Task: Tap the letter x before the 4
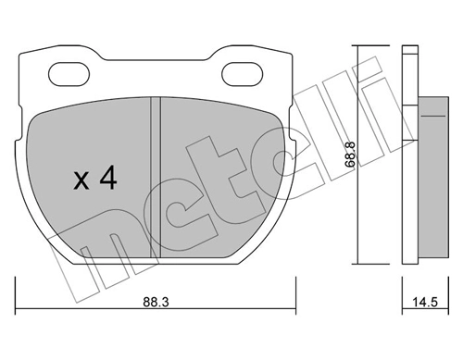(81, 181)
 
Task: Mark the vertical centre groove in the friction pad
(156, 176)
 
